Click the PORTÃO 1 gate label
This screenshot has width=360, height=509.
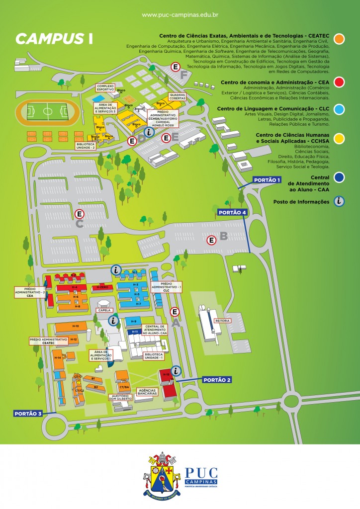(268, 179)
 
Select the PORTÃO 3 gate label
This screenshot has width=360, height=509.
(28, 413)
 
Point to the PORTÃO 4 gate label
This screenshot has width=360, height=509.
(232, 212)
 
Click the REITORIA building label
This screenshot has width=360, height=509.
(222, 321)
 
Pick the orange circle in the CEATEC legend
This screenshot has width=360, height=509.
(340, 39)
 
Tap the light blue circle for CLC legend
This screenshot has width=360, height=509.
(340, 108)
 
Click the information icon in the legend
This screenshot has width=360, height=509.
(339, 201)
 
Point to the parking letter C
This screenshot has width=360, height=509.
(79, 224)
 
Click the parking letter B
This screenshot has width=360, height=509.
(223, 236)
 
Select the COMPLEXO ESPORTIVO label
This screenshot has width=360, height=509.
(105, 88)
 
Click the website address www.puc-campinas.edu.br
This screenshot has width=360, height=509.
(180, 15)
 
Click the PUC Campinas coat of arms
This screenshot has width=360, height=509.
(162, 474)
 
